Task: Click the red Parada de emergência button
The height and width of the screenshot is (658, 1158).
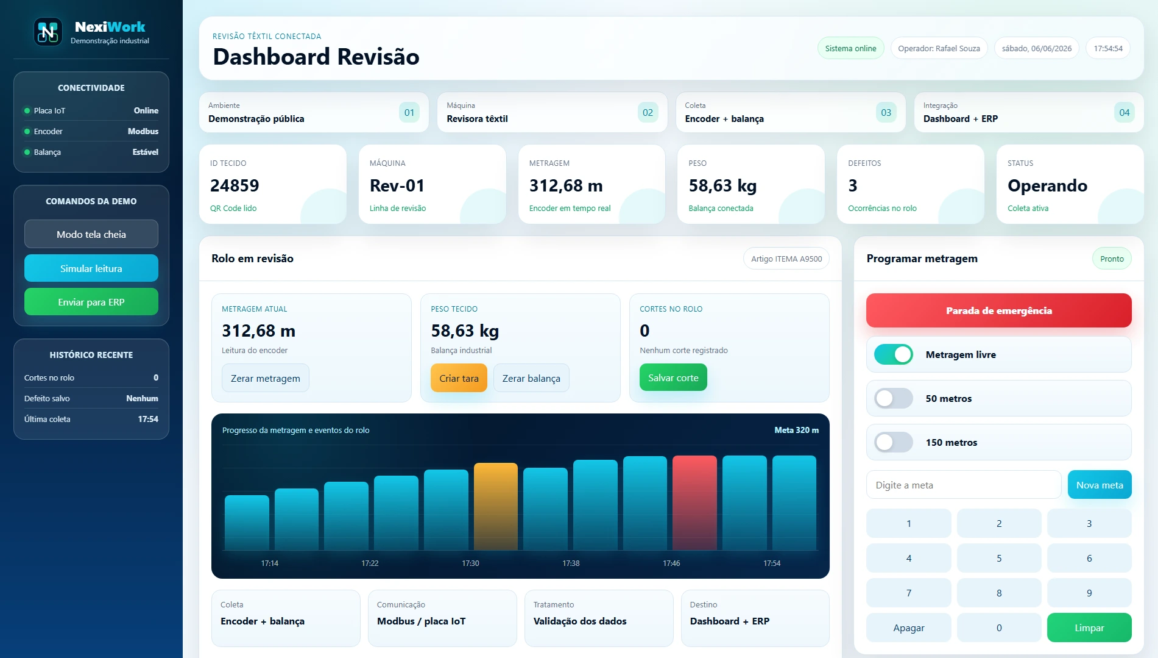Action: pyautogui.click(x=998, y=310)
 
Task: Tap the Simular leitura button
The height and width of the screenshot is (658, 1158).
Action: pyautogui.click(x=91, y=268)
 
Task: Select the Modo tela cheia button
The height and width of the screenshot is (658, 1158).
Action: pyautogui.click(x=91, y=234)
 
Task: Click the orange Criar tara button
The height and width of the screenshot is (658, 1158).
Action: pyautogui.click(x=459, y=378)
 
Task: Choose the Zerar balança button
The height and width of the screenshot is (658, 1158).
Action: pyautogui.click(x=531, y=378)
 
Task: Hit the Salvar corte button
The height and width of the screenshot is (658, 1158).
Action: pyautogui.click(x=673, y=377)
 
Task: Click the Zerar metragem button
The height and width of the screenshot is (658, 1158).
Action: pyautogui.click(x=266, y=378)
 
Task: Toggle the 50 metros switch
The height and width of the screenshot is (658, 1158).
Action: pyautogui.click(x=894, y=398)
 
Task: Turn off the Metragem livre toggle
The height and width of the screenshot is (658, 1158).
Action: pyautogui.click(x=894, y=354)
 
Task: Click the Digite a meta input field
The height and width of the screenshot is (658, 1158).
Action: pyautogui.click(x=964, y=485)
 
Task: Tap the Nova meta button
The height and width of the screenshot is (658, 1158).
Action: pyautogui.click(x=1100, y=485)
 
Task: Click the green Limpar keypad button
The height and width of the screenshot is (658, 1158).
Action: pyautogui.click(x=1089, y=628)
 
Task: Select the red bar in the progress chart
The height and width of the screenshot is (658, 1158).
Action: pyautogui.click(x=694, y=503)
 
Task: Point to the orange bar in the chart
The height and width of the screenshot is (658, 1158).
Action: pyautogui.click(x=496, y=507)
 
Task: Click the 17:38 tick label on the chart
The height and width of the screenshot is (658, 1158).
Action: pyautogui.click(x=571, y=563)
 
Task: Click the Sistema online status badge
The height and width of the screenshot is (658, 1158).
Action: pyautogui.click(x=850, y=48)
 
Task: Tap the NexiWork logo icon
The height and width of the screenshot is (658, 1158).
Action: pyautogui.click(x=48, y=32)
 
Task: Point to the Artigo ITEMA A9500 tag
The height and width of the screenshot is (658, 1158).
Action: pyautogui.click(x=786, y=259)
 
